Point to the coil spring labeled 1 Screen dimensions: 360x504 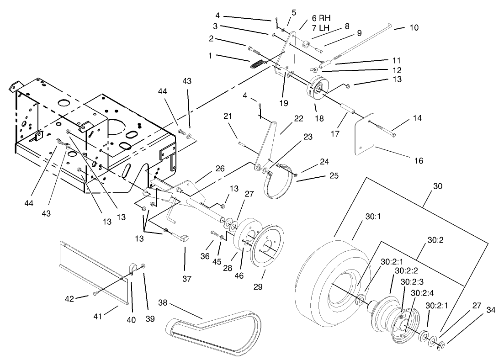257,63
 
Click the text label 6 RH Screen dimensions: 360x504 321,18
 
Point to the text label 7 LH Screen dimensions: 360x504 321,28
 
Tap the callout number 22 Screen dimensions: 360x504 298,131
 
